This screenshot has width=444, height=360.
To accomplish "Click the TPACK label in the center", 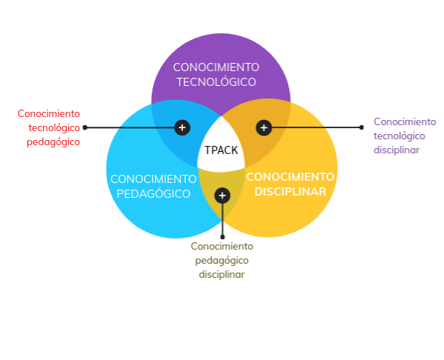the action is click(x=221, y=150).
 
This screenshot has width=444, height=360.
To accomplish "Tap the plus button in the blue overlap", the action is click(x=182, y=127).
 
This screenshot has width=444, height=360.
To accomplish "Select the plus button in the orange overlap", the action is click(x=263, y=127).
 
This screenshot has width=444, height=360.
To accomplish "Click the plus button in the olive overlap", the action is click(x=222, y=196).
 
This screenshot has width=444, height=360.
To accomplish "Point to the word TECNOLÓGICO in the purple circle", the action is click(x=216, y=82).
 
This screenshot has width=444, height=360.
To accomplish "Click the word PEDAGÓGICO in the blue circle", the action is click(x=153, y=194).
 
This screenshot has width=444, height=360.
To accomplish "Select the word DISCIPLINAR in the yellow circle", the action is click(x=290, y=192).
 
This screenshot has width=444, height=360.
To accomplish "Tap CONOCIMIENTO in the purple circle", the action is click(x=216, y=67).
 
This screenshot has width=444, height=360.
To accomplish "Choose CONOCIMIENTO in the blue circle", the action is click(x=153, y=179).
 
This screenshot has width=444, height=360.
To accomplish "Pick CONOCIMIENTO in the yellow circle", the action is click(x=290, y=177).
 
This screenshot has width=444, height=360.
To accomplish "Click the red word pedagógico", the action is click(x=53, y=142).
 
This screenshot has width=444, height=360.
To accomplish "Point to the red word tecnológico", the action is click(x=54, y=128).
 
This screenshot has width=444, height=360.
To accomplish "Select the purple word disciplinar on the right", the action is click(x=397, y=150).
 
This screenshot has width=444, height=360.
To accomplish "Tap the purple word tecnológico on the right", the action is click(x=400, y=136).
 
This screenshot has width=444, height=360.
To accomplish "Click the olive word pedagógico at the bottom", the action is click(x=222, y=261).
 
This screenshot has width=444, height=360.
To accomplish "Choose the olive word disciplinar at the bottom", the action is click(x=222, y=274).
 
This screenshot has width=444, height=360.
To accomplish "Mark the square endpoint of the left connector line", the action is click(x=85, y=127).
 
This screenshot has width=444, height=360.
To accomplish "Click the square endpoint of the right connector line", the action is click(x=361, y=127).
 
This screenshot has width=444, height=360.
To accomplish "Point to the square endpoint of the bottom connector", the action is click(x=222, y=237).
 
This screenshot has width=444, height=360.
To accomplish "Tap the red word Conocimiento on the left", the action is click(x=49, y=113).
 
